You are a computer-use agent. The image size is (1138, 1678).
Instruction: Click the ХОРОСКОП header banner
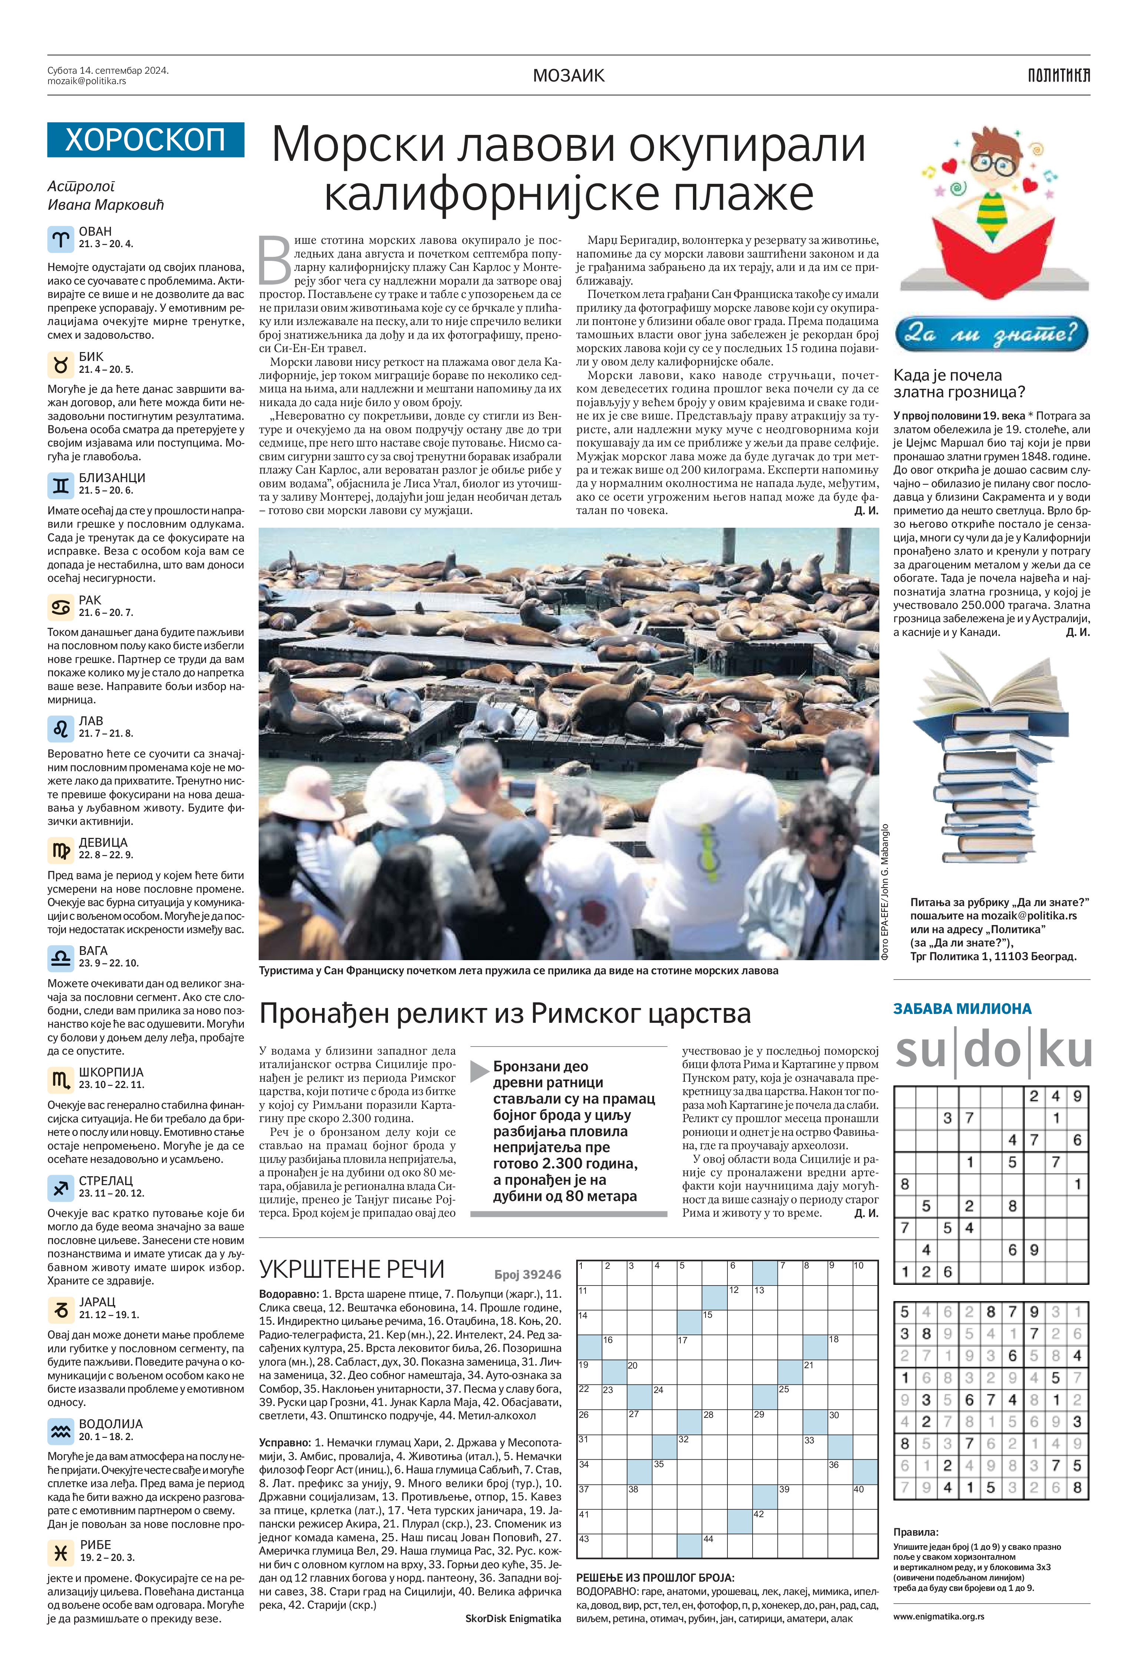[145, 139]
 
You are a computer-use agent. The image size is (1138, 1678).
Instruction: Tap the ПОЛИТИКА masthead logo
[1059, 75]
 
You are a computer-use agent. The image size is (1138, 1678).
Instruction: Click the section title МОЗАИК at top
[568, 75]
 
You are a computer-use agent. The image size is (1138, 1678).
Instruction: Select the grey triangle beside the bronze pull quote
[480, 1071]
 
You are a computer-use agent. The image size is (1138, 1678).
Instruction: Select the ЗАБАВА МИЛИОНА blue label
[962, 1009]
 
